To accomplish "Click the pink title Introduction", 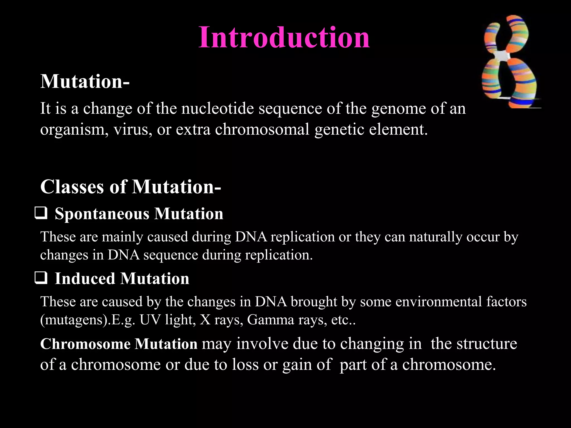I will (x=284, y=37).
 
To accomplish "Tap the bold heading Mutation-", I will (x=85, y=81).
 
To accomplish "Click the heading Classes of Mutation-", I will (x=130, y=186).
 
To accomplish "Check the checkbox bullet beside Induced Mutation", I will (x=41, y=278).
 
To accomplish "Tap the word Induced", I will (x=85, y=278).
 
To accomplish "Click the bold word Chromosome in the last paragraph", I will (x=85, y=344).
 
